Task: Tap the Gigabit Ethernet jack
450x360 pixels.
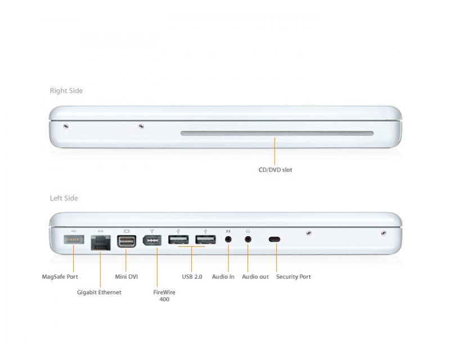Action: click(x=100, y=241)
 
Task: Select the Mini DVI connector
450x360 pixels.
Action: click(x=126, y=241)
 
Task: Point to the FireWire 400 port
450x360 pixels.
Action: click(x=152, y=240)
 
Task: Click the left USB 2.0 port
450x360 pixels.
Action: click(x=179, y=240)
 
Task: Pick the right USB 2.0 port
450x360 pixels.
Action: click(x=205, y=240)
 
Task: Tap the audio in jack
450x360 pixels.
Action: click(x=228, y=239)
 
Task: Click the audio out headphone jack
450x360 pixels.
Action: click(x=249, y=239)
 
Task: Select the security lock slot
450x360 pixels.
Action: click(x=274, y=240)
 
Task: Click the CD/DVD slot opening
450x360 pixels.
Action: click(x=276, y=134)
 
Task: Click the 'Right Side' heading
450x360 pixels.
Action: click(x=66, y=91)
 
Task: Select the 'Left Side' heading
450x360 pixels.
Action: click(x=64, y=198)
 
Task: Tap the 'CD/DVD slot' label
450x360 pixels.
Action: click(x=276, y=169)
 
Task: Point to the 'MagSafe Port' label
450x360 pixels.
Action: click(x=60, y=277)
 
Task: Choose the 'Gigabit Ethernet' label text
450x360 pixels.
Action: click(x=99, y=292)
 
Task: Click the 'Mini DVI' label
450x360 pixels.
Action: click(x=126, y=277)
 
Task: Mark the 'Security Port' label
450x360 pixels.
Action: click(x=294, y=277)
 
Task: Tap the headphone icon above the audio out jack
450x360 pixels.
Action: click(x=248, y=231)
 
